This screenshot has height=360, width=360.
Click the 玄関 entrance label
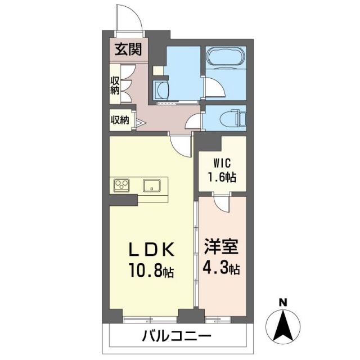coord(128,49)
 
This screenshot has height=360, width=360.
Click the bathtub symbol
coord(225,58)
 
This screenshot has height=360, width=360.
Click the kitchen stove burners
coord(122,184)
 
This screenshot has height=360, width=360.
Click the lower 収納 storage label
coord(119,120)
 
